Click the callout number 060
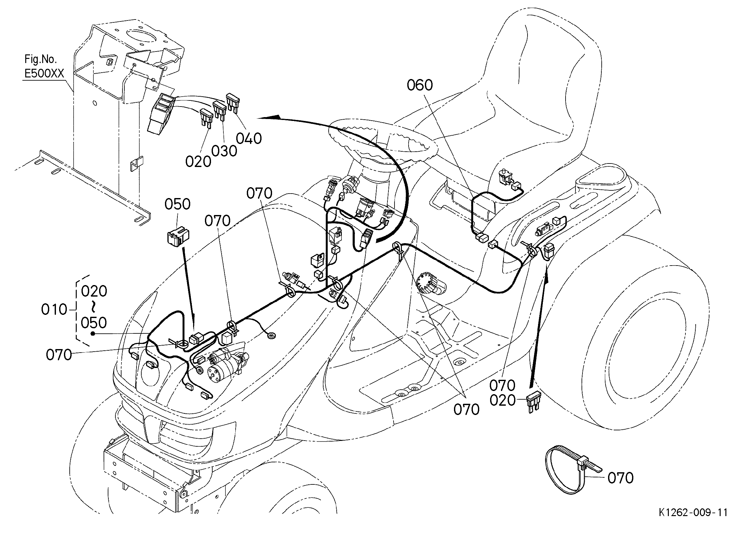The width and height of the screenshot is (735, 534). coord(420,85)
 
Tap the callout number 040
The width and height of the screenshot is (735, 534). coord(248,139)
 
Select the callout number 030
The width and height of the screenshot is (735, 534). coord(224,151)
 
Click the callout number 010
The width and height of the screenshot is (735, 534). coord(54,310)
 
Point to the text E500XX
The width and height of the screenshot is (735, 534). coord(44,74)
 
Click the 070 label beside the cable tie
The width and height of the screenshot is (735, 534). coord(620,478)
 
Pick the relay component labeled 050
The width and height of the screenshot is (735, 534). coord(178,236)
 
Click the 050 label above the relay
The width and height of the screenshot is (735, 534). coord(177,204)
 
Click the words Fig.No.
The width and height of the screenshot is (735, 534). coord(41,59)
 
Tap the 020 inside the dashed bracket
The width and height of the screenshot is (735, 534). coord(94,291)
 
